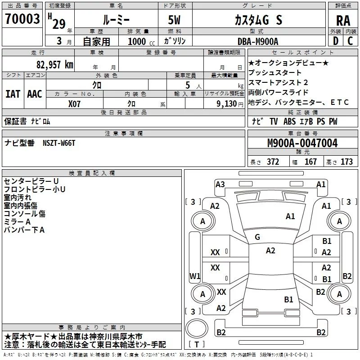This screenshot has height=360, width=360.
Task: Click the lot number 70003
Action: click(x=22, y=18)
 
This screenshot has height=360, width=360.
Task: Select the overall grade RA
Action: click(x=343, y=21)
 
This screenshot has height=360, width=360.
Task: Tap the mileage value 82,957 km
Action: click(x=54, y=64)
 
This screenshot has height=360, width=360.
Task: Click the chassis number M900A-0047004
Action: click(x=302, y=143)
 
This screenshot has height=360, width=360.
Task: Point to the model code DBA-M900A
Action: click(x=258, y=41)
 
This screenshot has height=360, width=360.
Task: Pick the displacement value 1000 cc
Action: click(x=141, y=41)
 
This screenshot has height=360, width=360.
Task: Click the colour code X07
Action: click(x=74, y=104)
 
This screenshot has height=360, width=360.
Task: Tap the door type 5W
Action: click(x=174, y=20)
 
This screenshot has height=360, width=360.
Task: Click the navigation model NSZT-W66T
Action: click(x=59, y=143)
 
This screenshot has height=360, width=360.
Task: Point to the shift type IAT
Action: click(x=13, y=94)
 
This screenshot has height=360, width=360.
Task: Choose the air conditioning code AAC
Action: click(x=35, y=94)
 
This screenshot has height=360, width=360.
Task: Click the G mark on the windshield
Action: click(x=257, y=237)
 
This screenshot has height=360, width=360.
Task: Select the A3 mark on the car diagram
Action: click(x=220, y=184)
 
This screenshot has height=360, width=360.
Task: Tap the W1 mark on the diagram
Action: click(x=195, y=276)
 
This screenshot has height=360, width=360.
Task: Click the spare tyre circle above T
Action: click(x=197, y=328)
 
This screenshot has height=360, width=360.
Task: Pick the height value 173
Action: click(x=346, y=162)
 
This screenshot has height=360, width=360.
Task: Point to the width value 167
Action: click(x=310, y=162)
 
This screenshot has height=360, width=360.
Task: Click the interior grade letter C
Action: click(x=350, y=41)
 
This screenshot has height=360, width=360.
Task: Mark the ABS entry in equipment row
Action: click(x=289, y=121)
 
